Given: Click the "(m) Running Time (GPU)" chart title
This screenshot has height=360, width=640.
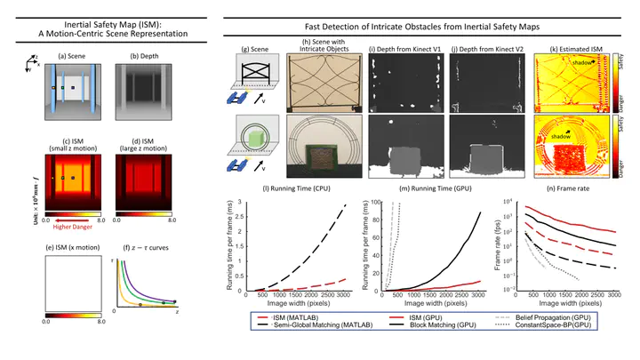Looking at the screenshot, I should (x=417, y=193).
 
